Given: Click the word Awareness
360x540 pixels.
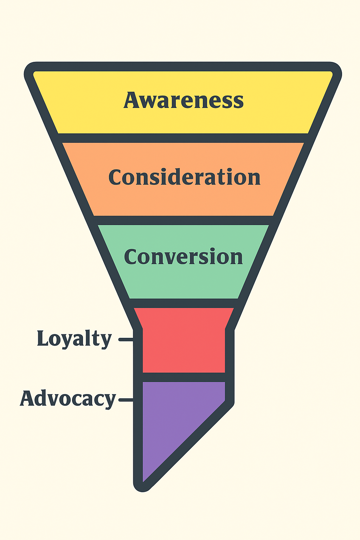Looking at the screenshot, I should click(183, 100).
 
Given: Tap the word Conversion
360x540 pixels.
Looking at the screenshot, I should click(183, 257).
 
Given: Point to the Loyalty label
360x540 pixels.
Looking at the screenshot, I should click(74, 339).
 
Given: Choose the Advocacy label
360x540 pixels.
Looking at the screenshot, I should click(68, 399).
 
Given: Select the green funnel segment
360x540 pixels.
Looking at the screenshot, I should click(183, 281).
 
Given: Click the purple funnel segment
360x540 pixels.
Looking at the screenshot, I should click(169, 422).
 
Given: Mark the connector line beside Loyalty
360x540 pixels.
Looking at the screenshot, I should click(126, 340).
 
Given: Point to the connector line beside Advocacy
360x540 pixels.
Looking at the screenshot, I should click(126, 400).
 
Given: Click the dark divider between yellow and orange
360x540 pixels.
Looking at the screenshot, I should click(183, 138).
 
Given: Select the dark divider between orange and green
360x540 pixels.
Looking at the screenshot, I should click(183, 220).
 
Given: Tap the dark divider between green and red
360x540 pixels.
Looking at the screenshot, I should click(183, 303).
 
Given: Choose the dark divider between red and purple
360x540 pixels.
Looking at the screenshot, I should click(184, 377).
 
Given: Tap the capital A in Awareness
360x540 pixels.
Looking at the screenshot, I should click(131, 100).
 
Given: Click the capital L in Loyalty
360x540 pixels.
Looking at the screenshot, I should click(43, 339).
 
